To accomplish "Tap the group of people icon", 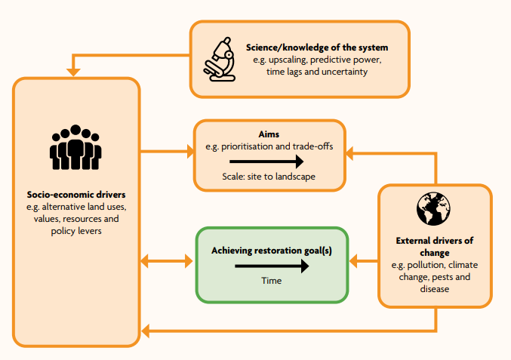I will point(75,147).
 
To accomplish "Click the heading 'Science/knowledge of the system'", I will point(316,47).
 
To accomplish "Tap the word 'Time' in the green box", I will point(271,281).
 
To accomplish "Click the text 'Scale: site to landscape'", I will point(269,177).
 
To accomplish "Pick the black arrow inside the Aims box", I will point(266,161).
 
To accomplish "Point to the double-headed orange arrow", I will point(167,262).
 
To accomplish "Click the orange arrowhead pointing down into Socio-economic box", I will point(74,72).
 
